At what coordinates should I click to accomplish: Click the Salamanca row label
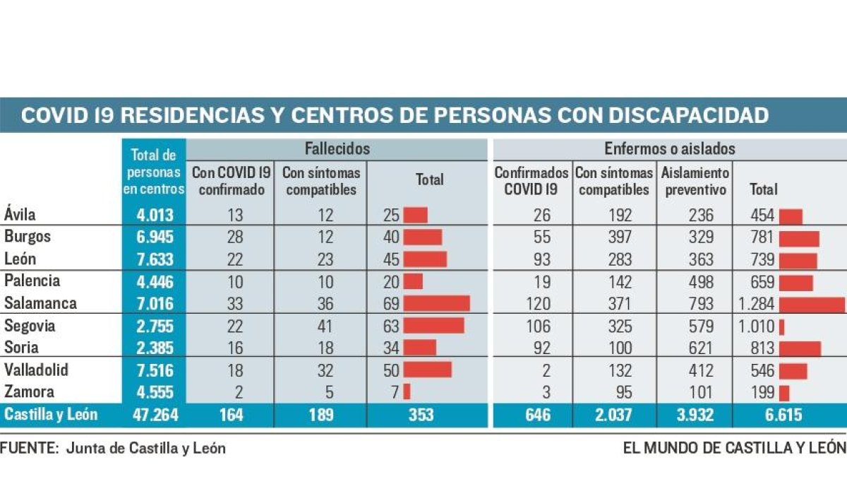coord(40,304)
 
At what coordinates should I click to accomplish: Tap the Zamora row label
coord(29,391)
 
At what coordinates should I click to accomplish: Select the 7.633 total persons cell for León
coord(154,259)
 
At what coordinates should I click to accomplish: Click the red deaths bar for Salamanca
coord(436,304)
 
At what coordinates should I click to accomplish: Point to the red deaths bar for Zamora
coord(407,391)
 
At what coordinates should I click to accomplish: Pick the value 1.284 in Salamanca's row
coord(755,304)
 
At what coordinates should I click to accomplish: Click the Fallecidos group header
coord(337,149)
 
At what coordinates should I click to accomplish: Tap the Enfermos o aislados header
coord(670,149)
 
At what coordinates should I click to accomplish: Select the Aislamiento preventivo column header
coord(695,181)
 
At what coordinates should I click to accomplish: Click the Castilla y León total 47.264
coord(154,415)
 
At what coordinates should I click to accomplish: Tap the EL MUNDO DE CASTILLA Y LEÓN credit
coord(734,447)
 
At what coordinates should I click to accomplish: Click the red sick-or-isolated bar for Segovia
coord(782,327)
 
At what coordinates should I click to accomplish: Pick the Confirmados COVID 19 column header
coord(531,181)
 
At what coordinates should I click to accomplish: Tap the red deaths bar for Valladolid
coord(427,370)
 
